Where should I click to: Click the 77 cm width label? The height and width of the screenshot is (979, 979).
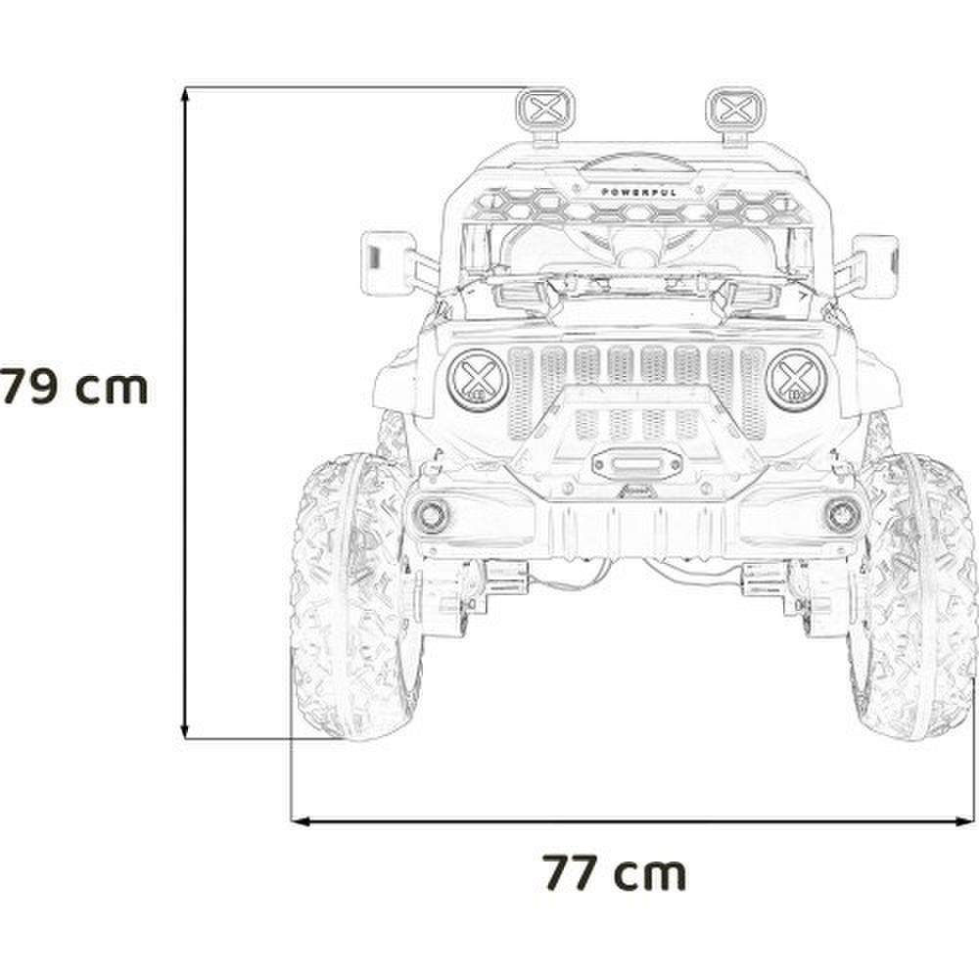(615, 873)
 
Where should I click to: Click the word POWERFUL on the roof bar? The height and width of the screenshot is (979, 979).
(638, 192)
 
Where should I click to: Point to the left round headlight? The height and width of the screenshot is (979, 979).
(478, 380)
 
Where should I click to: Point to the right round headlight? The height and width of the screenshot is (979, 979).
(796, 380)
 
